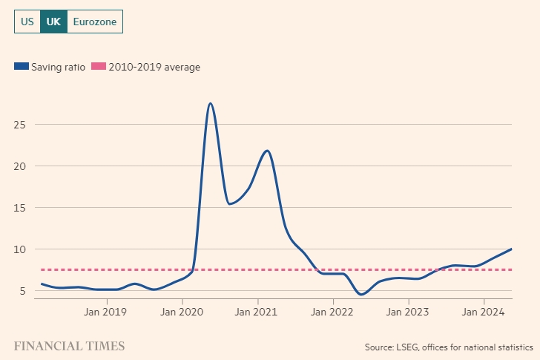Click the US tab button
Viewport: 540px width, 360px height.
27,22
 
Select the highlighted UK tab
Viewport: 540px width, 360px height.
53,22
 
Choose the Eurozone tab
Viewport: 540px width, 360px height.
95,22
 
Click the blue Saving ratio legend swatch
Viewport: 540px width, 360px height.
21,67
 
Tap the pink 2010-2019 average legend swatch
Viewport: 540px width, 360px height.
98,67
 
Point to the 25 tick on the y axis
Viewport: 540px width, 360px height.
20,124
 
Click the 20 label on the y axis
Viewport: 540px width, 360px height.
20,166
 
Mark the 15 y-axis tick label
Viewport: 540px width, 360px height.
20,208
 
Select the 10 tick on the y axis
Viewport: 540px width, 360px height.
20,249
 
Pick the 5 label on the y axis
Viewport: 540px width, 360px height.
23,291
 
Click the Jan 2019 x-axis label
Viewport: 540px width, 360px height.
106,312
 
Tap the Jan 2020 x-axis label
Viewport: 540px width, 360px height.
182,312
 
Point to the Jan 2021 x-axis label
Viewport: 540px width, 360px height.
257,312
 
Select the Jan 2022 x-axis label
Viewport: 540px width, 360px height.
333,312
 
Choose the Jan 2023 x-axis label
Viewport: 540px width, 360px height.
409,312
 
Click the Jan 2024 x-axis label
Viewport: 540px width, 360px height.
484,312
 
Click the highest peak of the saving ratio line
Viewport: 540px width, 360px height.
211,103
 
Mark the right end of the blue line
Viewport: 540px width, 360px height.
511,249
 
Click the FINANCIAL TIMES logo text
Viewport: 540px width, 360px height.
69,346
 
